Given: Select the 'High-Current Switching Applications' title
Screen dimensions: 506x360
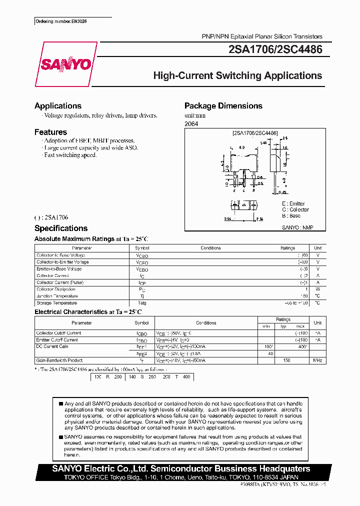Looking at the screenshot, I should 237,76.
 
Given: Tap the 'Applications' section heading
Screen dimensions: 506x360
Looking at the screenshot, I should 58,106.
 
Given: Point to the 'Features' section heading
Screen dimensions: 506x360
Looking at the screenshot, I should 50,132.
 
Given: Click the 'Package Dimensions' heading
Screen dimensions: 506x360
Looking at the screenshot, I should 223,106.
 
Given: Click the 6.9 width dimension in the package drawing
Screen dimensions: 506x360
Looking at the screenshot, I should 241,148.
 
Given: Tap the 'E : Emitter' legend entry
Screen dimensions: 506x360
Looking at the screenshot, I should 293,203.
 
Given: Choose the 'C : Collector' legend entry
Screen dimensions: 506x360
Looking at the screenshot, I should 295,209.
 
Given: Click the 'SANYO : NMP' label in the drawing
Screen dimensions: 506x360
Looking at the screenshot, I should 297,227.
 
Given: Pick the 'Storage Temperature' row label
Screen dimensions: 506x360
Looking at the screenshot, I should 56,303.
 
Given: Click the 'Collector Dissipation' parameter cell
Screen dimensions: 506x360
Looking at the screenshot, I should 56,289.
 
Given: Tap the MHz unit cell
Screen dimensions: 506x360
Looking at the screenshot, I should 317,360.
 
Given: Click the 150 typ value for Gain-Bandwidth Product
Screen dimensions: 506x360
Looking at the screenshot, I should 286,360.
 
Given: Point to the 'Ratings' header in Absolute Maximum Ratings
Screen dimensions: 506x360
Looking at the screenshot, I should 288,248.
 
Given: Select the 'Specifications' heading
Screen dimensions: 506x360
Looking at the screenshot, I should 61,228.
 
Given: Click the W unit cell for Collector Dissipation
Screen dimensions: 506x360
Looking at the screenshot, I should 317,289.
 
